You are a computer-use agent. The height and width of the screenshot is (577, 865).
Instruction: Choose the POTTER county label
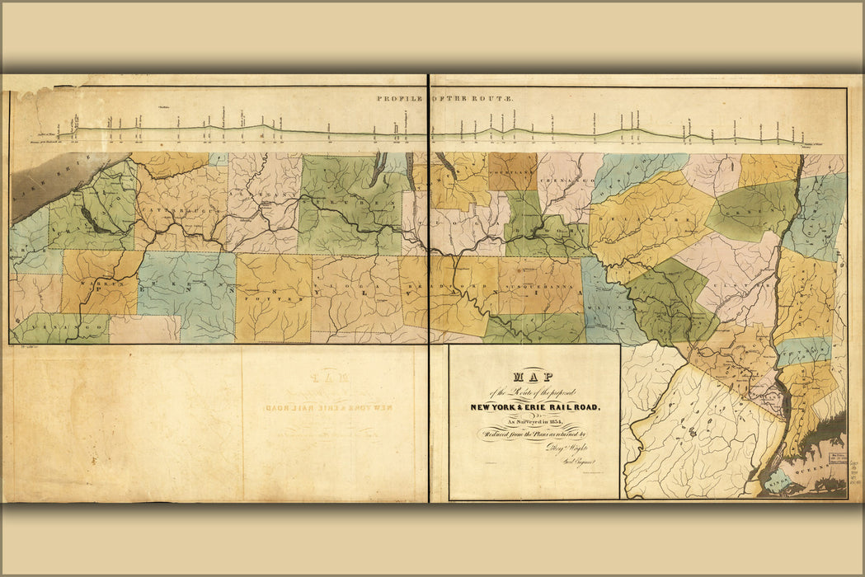coord(272,293)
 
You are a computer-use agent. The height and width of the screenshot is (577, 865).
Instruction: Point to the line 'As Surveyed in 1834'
coord(534,421)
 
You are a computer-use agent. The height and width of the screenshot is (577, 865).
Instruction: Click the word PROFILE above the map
coord(401,98)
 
